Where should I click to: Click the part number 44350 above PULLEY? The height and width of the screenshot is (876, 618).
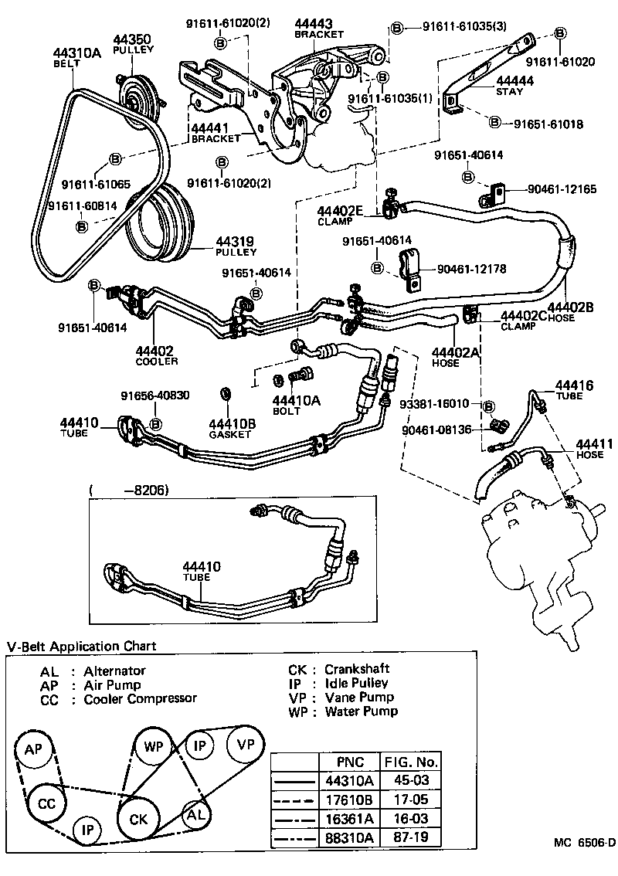click(134, 38)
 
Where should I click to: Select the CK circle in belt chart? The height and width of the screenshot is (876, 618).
click(138, 818)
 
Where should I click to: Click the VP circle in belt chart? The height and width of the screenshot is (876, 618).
click(246, 745)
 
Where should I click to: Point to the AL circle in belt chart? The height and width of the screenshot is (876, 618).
click(195, 813)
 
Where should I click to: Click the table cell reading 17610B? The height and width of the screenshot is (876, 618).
click(357, 800)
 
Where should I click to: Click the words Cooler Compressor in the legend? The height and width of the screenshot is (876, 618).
click(140, 698)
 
